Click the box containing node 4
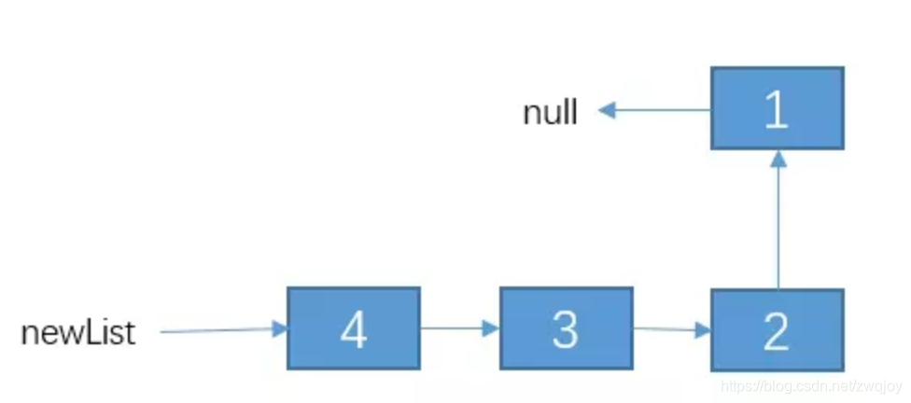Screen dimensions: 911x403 354,327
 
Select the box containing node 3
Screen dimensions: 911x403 566,327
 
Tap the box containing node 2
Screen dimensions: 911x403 777,329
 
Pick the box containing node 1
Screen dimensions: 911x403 777,107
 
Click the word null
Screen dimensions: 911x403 551,113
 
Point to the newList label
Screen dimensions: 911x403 78,333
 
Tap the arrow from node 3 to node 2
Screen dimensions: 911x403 671,328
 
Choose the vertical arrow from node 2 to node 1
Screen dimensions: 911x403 778,219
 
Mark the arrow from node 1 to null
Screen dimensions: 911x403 654,111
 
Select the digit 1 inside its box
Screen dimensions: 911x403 777,109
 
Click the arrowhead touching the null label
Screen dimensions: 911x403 608,111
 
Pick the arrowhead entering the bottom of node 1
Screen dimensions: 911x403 778,158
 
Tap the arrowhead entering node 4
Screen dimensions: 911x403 278,328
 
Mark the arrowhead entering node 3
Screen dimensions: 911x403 491,328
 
